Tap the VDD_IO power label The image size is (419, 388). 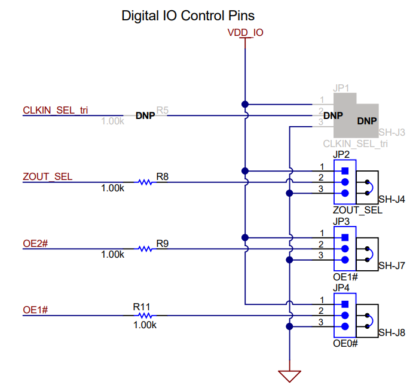pyautogui.click(x=245, y=32)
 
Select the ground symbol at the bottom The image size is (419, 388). pyautogui.click(x=289, y=375)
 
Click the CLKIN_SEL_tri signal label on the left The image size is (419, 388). pyautogui.click(x=56, y=110)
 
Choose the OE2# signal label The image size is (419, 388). pyautogui.click(x=35, y=243)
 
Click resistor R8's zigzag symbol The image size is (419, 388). pyautogui.click(x=145, y=182)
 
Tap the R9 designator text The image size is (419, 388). pyautogui.click(x=163, y=243)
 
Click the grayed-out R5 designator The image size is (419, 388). pyautogui.click(x=163, y=111)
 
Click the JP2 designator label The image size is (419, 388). pyautogui.click(x=341, y=155)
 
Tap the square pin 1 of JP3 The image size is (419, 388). pyautogui.click(x=345, y=237)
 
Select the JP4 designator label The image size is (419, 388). pyautogui.click(x=341, y=288)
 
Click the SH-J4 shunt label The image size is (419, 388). pyautogui.click(x=392, y=199)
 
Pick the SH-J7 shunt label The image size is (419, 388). pyautogui.click(x=392, y=265)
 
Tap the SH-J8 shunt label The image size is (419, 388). pyautogui.click(x=392, y=332)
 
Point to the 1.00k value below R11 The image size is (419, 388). pyautogui.click(x=144, y=325)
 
